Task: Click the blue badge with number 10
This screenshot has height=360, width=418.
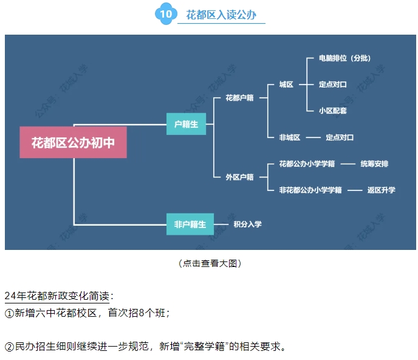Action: (165, 13)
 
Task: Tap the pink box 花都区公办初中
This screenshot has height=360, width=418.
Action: (73, 142)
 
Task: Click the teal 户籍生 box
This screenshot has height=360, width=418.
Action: (186, 125)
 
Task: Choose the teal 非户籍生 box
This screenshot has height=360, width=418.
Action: (186, 224)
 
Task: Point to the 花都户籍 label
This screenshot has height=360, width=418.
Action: (239, 97)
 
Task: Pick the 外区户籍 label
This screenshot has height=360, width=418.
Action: (239, 177)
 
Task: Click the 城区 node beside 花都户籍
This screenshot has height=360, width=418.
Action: (286, 85)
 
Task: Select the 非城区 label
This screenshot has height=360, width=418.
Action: (290, 137)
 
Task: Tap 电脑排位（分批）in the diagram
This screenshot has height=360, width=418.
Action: (344, 58)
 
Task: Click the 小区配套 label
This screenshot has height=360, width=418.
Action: (333, 111)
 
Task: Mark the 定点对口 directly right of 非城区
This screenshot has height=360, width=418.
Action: (340, 137)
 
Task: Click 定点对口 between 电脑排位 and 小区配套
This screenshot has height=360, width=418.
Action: (333, 85)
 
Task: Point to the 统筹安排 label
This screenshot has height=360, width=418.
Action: (374, 164)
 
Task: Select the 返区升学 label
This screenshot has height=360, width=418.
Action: (381, 190)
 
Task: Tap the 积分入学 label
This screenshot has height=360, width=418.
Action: (248, 224)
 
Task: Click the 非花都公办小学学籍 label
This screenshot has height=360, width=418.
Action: (310, 190)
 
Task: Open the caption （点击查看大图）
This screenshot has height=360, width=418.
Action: (209, 263)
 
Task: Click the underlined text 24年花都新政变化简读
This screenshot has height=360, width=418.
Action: (58, 296)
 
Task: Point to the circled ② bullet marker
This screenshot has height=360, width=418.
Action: (9, 347)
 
